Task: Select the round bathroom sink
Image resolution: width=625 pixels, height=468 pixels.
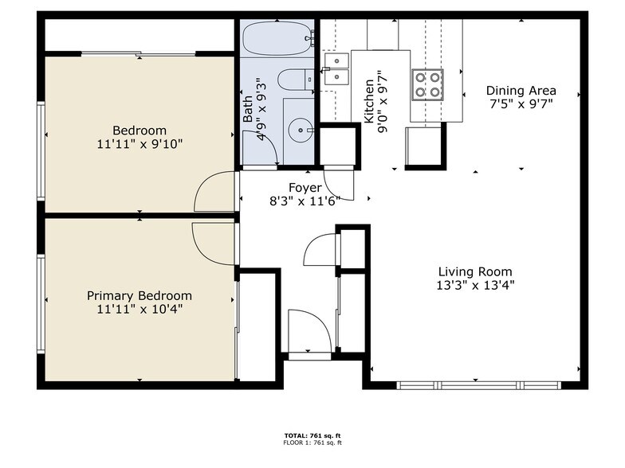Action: (301, 127)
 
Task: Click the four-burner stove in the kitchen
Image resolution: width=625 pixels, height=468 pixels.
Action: (426, 84)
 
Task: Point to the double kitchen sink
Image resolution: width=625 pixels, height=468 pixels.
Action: (336, 68)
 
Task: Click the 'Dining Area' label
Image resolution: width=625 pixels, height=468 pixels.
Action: (521, 91)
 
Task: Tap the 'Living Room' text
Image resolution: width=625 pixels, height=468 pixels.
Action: (474, 271)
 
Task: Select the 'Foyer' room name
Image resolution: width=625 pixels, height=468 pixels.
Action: (305, 188)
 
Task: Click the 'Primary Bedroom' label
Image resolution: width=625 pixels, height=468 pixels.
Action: (139, 295)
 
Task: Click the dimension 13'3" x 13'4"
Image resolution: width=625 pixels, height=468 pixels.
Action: (474, 285)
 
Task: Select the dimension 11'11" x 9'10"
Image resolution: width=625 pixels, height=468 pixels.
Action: (139, 144)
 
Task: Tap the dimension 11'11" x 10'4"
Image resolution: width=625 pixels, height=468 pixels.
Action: (139, 309)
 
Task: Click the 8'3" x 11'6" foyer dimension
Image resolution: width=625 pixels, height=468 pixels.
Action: (305, 201)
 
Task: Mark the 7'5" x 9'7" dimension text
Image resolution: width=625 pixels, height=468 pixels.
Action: (521, 103)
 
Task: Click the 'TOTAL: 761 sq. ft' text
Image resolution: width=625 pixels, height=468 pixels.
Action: (312, 435)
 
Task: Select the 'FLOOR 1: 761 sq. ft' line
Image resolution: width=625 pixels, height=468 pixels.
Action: (312, 443)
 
